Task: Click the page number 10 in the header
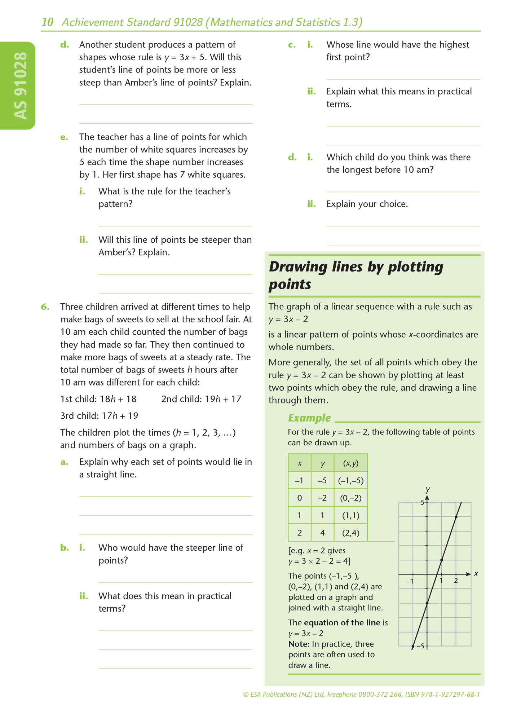(x=47, y=22)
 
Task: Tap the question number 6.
(x=45, y=307)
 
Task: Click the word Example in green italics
(x=309, y=418)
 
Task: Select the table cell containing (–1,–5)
(x=350, y=480)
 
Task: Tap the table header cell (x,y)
(x=350, y=463)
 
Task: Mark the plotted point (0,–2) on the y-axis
(x=427, y=603)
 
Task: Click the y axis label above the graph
(x=428, y=489)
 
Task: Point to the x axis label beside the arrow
(x=476, y=574)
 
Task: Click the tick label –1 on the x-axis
(x=410, y=581)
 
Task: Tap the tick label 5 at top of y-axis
(x=422, y=502)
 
